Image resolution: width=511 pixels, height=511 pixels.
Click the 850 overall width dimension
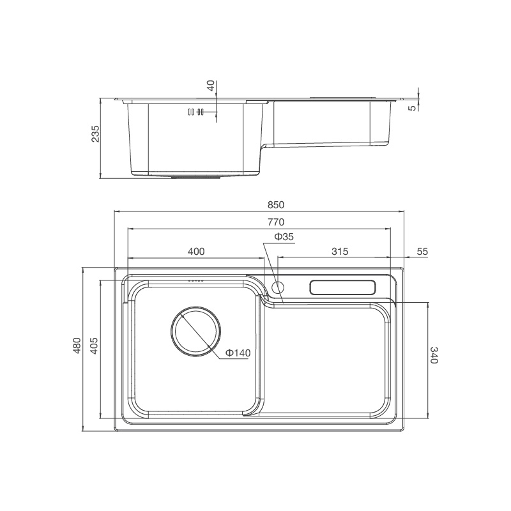tap(275, 205)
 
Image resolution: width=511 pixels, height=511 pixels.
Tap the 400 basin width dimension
tap(196, 252)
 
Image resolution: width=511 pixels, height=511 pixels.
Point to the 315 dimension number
tap(340, 252)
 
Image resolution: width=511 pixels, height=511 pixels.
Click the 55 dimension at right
tap(422, 252)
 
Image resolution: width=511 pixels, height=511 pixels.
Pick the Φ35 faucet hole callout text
tap(284, 237)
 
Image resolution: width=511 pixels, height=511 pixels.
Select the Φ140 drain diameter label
tap(236, 353)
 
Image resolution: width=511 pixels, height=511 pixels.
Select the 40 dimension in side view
tap(211, 86)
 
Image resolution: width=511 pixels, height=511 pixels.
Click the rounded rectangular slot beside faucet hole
tap(343, 287)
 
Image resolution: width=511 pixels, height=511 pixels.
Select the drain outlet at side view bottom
tap(195, 178)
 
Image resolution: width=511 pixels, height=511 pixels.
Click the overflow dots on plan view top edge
tap(195, 280)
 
